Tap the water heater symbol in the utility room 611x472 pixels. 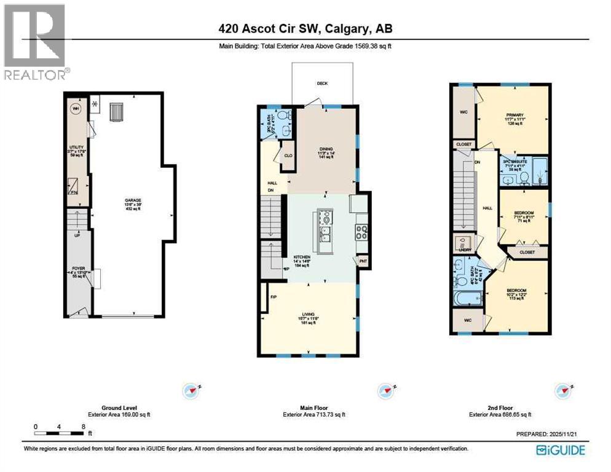[76, 109]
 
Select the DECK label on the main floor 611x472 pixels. [322, 84]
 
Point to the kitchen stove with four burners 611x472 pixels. [361, 233]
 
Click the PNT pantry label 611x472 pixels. [363, 261]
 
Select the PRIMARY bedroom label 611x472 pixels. [514, 115]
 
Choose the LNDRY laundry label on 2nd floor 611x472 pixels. [463, 250]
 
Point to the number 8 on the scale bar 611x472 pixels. [82, 426]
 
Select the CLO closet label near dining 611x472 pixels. [286, 157]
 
